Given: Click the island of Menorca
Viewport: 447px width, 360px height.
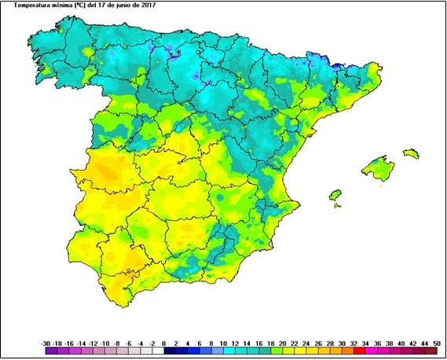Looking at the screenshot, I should pos(411,153).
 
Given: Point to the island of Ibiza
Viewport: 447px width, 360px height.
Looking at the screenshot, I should pos(335,194).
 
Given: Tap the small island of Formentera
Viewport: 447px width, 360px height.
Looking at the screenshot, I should pos(339,206).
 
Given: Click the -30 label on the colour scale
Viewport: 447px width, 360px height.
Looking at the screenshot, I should pos(46,344).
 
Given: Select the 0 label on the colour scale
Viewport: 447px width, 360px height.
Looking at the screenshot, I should pos(163,344).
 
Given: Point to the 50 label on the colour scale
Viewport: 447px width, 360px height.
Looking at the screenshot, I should pos(438,344).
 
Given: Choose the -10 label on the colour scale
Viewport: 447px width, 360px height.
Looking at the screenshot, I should pos(104,344).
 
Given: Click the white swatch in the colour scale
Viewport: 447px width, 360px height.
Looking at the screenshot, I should pos(158,351).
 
